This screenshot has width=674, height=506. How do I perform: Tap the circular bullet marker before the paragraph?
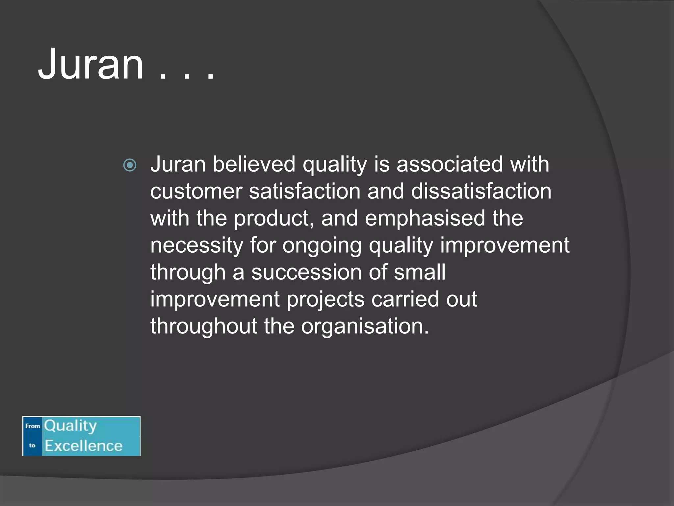point(130,165)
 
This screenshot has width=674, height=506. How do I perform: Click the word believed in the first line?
point(254,164)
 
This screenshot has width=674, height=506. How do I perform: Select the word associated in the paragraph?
point(449,164)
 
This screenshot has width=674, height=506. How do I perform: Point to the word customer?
point(196,191)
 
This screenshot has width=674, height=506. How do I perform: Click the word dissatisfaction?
point(481,191)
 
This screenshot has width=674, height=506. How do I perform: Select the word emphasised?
point(425,218)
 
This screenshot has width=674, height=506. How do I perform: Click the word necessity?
point(196,245)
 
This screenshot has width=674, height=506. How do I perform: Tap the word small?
point(420,272)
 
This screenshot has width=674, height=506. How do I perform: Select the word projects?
point(325,300)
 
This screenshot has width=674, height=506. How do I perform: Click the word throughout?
point(203,326)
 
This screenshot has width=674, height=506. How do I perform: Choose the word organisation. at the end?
point(365,327)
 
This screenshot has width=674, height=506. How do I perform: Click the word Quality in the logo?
point(70,426)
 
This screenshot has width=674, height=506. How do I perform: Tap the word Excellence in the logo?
point(84,446)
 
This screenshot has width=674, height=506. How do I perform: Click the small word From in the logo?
point(33,426)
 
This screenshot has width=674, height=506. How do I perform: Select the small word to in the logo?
point(32,445)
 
